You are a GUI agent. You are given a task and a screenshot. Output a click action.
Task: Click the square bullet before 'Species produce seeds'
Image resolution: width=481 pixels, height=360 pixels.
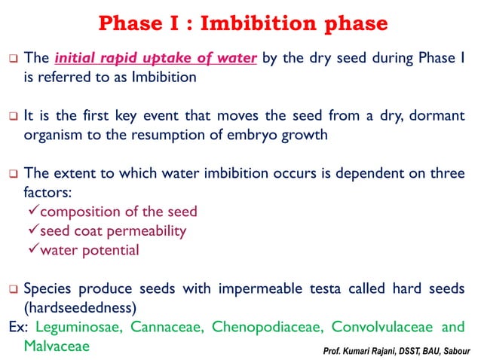point(12,288)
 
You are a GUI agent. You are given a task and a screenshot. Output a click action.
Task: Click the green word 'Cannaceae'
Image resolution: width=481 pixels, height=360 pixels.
point(168,327)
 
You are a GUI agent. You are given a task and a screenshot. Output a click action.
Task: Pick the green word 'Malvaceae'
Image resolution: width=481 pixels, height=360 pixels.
point(57,346)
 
